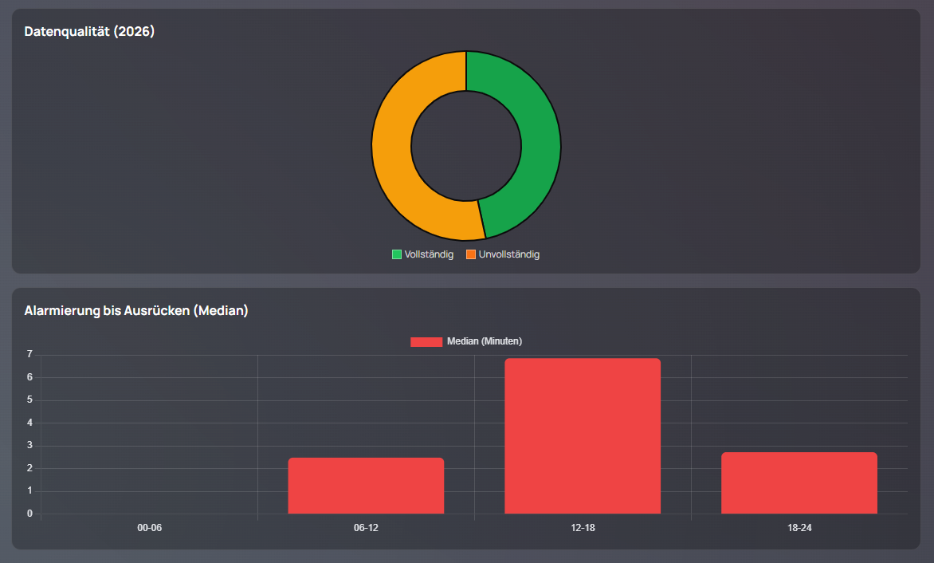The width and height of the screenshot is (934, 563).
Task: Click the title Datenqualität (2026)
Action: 89,32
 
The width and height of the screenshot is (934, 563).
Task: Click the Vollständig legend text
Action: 429,254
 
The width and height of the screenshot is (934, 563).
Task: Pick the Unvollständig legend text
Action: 509,254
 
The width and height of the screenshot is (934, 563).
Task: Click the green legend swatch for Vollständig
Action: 397,254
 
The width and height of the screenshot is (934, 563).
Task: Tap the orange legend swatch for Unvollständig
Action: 471,254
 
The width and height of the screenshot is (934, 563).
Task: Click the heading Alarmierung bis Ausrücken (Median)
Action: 136,311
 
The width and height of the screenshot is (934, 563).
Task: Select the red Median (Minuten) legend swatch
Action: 426,341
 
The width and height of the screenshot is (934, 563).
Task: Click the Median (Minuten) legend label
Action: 485,341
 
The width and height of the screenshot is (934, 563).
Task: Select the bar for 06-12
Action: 366,486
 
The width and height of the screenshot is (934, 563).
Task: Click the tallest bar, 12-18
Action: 583,436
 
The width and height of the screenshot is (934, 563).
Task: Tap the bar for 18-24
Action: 799,483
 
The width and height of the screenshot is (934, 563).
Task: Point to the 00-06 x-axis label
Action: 150,528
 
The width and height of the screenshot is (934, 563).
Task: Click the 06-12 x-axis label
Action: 366,528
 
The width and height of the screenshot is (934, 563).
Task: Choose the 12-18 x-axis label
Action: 583,528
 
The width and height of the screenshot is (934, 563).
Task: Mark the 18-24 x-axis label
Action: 799,528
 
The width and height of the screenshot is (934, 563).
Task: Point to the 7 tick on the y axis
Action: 29,354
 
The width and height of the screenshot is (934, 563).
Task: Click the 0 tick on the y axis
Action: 29,514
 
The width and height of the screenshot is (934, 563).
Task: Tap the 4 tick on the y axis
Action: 29,423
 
